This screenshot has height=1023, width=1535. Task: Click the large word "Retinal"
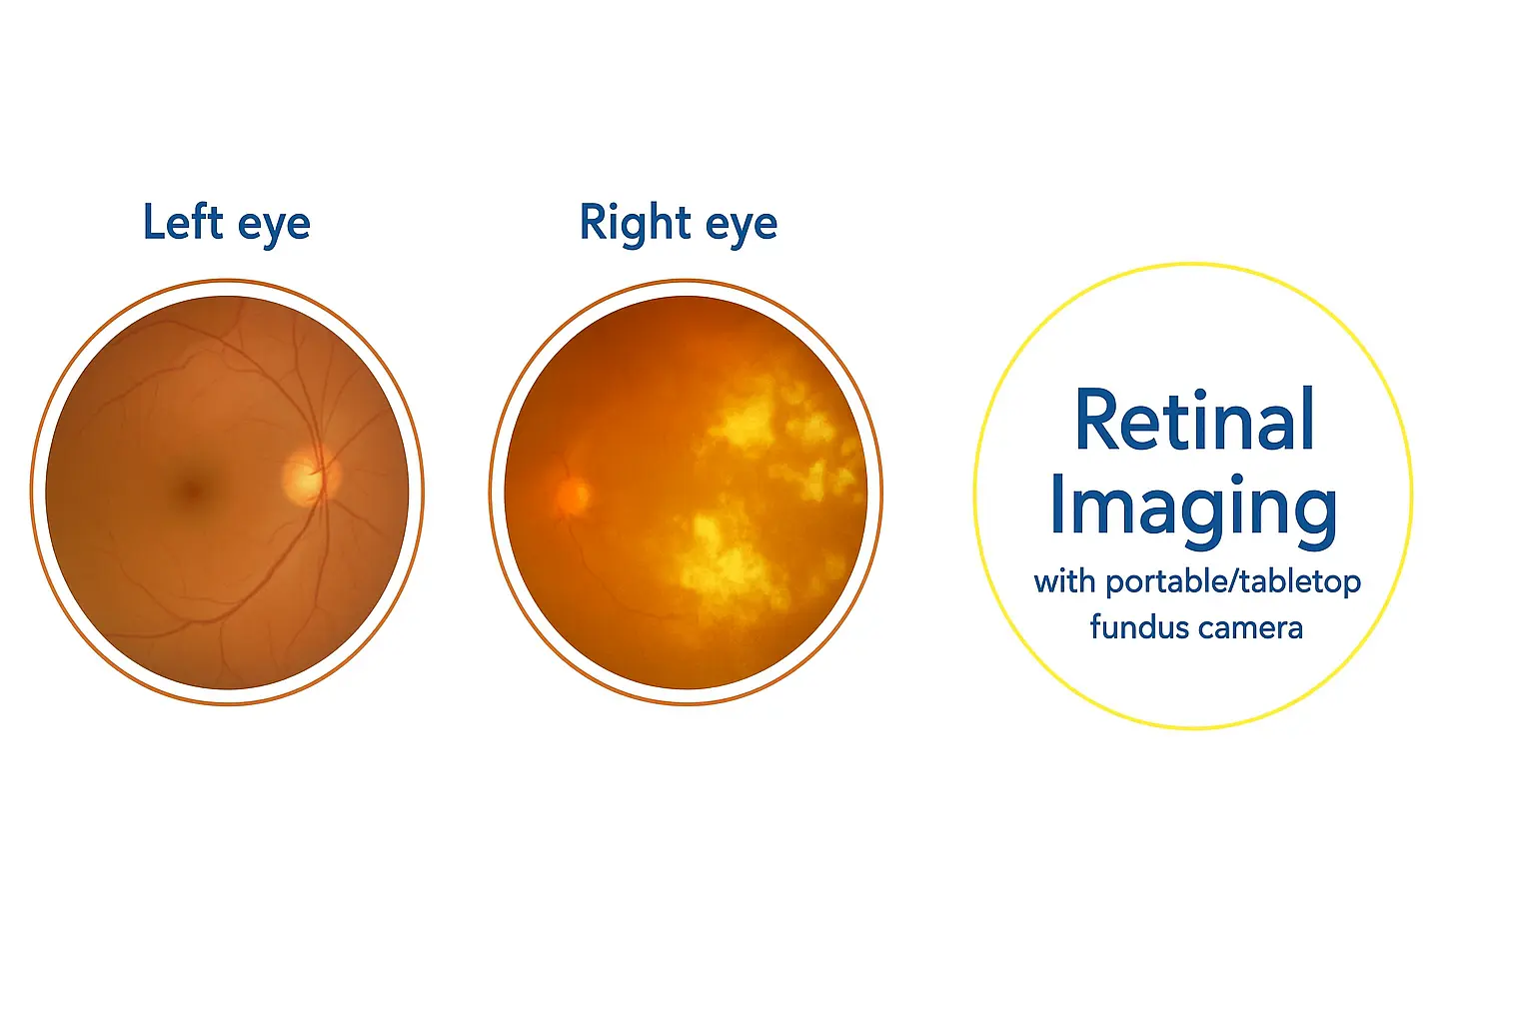(1194, 420)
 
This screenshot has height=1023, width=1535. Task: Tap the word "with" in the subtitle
(1064, 581)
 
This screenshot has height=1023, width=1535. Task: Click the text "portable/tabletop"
(1233, 583)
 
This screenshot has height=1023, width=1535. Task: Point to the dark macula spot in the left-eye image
(192, 489)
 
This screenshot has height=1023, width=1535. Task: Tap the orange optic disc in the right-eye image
(573, 495)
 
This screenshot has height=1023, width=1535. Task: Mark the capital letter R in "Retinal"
(1098, 420)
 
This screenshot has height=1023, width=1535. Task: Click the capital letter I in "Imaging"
(1059, 504)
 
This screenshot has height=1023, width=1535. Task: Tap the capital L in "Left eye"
(156, 221)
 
